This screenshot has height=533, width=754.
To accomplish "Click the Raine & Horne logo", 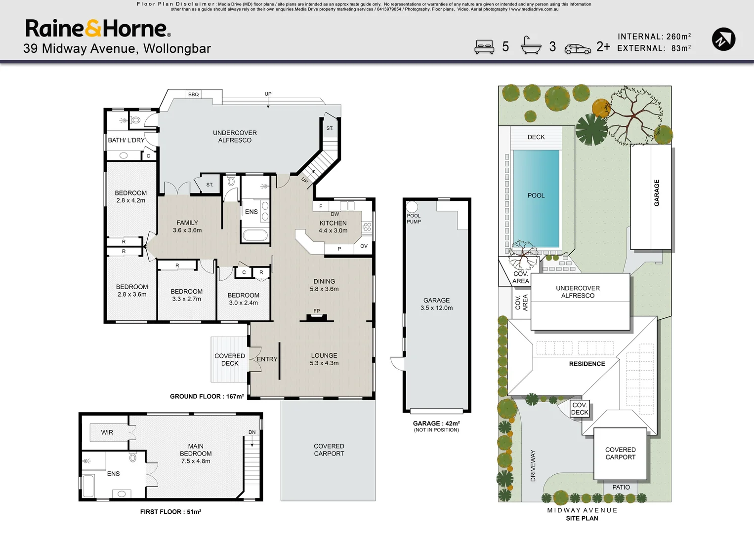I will pos(98,29).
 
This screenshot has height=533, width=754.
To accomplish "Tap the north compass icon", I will pos(723,39).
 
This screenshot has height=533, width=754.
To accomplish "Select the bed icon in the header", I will pos(484,47).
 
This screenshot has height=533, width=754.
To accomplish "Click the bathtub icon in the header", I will pos(531,45).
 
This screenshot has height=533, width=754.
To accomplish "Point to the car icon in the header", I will pos(578,49).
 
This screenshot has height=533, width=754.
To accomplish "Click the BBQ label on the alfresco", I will pos(193,94).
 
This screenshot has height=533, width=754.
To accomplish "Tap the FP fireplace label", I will pos(317,311).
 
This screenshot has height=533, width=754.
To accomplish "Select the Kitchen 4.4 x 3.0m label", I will pos(333,227).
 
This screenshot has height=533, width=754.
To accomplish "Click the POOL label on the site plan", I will pos(536,195).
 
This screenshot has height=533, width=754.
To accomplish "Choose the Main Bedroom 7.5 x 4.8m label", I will pos(196,454).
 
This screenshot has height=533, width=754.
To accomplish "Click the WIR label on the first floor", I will pos(107,432).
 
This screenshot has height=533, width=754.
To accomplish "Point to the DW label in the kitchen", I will pos(335,214).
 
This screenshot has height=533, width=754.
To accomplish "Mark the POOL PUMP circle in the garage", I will pos(412,207).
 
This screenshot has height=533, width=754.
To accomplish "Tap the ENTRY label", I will pos(267,359).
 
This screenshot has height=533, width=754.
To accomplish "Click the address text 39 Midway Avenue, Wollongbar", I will pos(117,48).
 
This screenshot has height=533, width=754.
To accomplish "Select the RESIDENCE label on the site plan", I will pos(587,364).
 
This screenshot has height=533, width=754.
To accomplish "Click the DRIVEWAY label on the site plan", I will pos(533,465).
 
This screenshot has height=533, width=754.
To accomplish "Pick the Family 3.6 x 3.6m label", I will pos(187,227).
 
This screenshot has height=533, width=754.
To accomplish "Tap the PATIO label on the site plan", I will pos(621,487).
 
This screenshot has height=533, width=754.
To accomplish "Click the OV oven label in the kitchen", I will pos(364,246).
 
